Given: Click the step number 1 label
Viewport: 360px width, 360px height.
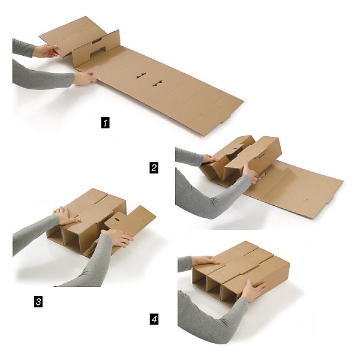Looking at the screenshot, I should pyautogui.click(x=106, y=123).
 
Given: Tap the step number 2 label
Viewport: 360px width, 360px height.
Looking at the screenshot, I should pyautogui.click(x=154, y=169).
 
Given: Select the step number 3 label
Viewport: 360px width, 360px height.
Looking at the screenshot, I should pyautogui.click(x=38, y=301).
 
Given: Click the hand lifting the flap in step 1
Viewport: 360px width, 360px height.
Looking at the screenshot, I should pyautogui.click(x=46, y=52).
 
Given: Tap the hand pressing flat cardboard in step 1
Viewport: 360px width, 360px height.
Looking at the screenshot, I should pyautogui.click(x=85, y=78).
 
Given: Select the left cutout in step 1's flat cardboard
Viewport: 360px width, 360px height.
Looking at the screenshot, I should pyautogui.click(x=140, y=76).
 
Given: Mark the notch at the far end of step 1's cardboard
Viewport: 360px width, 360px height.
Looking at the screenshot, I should pyautogui.click(x=203, y=114).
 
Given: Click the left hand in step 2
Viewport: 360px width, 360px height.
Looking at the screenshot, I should pyautogui.click(x=211, y=159).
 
